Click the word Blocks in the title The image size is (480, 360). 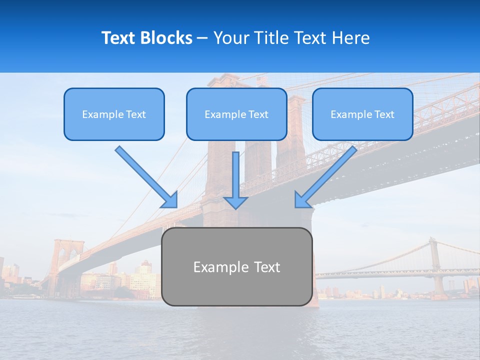point(167,38)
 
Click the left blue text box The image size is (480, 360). point(114,114)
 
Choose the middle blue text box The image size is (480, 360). point(236,114)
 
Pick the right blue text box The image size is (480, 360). point(362,114)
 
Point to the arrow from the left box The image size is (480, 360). point(145,176)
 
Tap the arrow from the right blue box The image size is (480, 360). point(327,176)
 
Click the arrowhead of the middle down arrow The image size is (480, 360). point(235,202)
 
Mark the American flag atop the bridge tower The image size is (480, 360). point(261,80)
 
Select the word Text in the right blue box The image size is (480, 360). point(384,114)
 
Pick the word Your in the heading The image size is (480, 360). point(232,38)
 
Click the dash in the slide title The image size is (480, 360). point(203,38)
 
